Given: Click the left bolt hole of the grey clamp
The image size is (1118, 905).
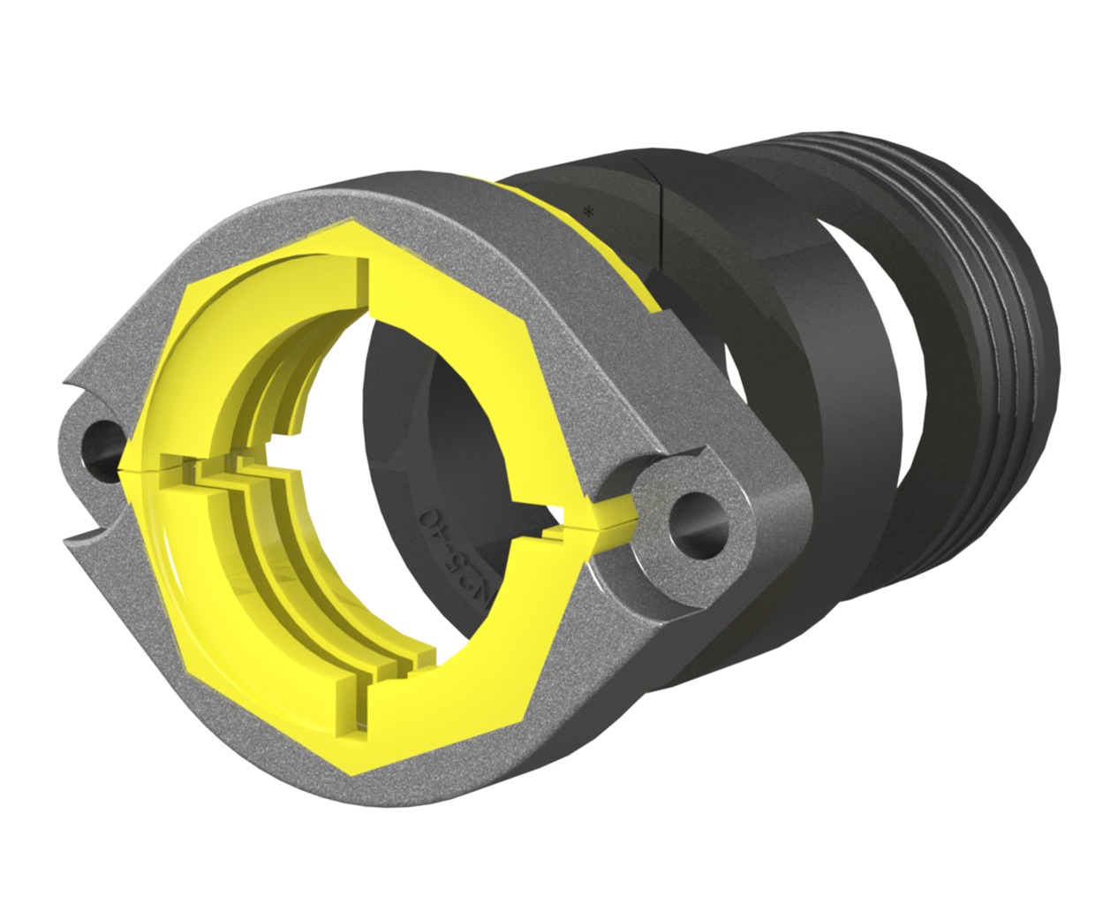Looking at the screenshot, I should click(103, 439).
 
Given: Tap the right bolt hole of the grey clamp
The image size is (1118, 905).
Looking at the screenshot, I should click(697, 521).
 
